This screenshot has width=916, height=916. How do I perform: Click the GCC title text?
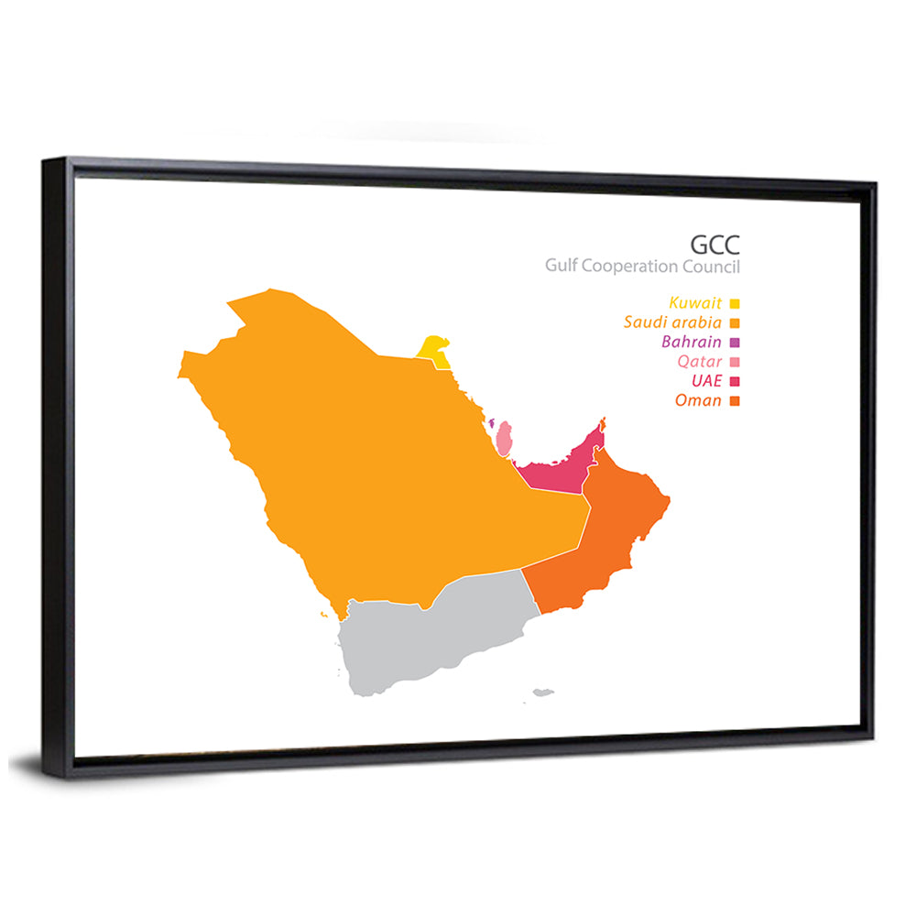click(x=714, y=245)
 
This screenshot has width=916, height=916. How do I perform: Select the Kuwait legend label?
click(x=695, y=302)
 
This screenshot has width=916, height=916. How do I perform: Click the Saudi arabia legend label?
click(x=672, y=322)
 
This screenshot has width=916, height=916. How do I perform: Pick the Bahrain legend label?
click(x=691, y=342)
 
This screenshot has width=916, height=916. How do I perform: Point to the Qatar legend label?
click(x=699, y=361)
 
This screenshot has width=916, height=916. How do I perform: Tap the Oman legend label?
click(x=698, y=400)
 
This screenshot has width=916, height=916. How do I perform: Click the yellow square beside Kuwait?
click(x=735, y=303)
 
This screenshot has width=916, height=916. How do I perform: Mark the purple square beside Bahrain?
click(x=735, y=343)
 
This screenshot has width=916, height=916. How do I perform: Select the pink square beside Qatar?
click(x=735, y=362)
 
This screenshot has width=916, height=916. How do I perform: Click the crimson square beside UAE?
click(x=735, y=381)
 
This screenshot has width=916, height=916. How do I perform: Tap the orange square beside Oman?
click(x=735, y=401)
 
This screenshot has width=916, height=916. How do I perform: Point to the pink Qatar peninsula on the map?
click(x=504, y=439)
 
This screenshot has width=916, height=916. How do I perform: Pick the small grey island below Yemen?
click(x=544, y=692)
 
